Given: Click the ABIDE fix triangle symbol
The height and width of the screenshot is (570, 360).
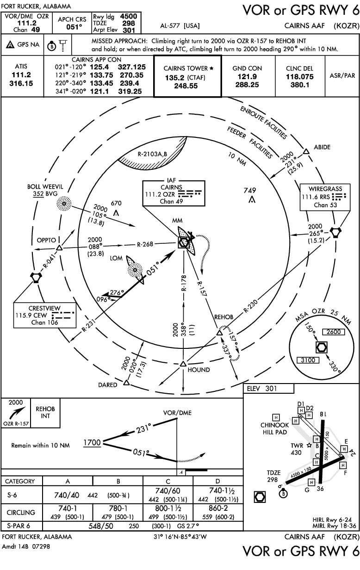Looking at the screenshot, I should [x=305, y=151].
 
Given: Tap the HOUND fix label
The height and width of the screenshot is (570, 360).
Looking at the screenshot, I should [x=199, y=370].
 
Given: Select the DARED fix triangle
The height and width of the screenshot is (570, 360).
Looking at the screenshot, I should [x=126, y=383].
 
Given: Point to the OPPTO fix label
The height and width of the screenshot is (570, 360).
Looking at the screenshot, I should [x=47, y=240].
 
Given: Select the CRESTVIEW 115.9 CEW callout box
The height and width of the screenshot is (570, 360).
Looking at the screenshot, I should [x=44, y=315].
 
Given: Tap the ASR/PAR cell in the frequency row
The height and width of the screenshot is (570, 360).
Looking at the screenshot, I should [x=342, y=75].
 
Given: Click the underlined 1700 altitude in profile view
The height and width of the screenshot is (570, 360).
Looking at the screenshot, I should [x=92, y=443].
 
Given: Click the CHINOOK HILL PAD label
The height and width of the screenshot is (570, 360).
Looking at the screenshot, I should [x=275, y=428].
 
